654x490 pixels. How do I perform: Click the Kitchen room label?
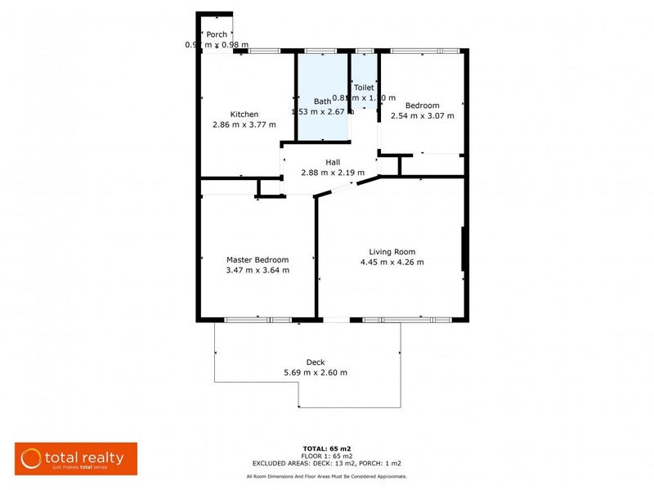tap(244, 114)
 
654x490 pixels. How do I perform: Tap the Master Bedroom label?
tap(257, 259)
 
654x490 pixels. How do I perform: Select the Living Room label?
tap(392, 252)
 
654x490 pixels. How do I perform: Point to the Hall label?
tap(332, 162)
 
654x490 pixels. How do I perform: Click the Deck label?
tap(315, 362)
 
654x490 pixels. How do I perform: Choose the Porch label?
tap(217, 34)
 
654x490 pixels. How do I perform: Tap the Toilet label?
tap(363, 87)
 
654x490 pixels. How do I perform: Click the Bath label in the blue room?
tap(322, 101)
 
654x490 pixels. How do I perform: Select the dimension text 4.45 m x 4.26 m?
tap(392, 263)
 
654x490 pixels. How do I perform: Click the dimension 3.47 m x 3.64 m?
tap(257, 270)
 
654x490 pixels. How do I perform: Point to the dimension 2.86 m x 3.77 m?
tap(244, 124)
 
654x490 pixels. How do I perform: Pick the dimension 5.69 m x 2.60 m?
tap(315, 373)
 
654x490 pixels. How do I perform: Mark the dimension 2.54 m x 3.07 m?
tap(423, 115)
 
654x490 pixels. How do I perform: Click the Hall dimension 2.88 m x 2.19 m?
tap(332, 173)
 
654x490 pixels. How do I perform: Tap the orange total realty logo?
tap(76, 459)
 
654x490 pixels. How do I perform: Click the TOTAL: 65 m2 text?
tap(326, 449)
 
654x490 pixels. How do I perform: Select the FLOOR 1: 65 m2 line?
tap(326, 456)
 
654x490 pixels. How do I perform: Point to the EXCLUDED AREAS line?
tap(326, 463)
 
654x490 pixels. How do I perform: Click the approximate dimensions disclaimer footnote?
tap(326, 476)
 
